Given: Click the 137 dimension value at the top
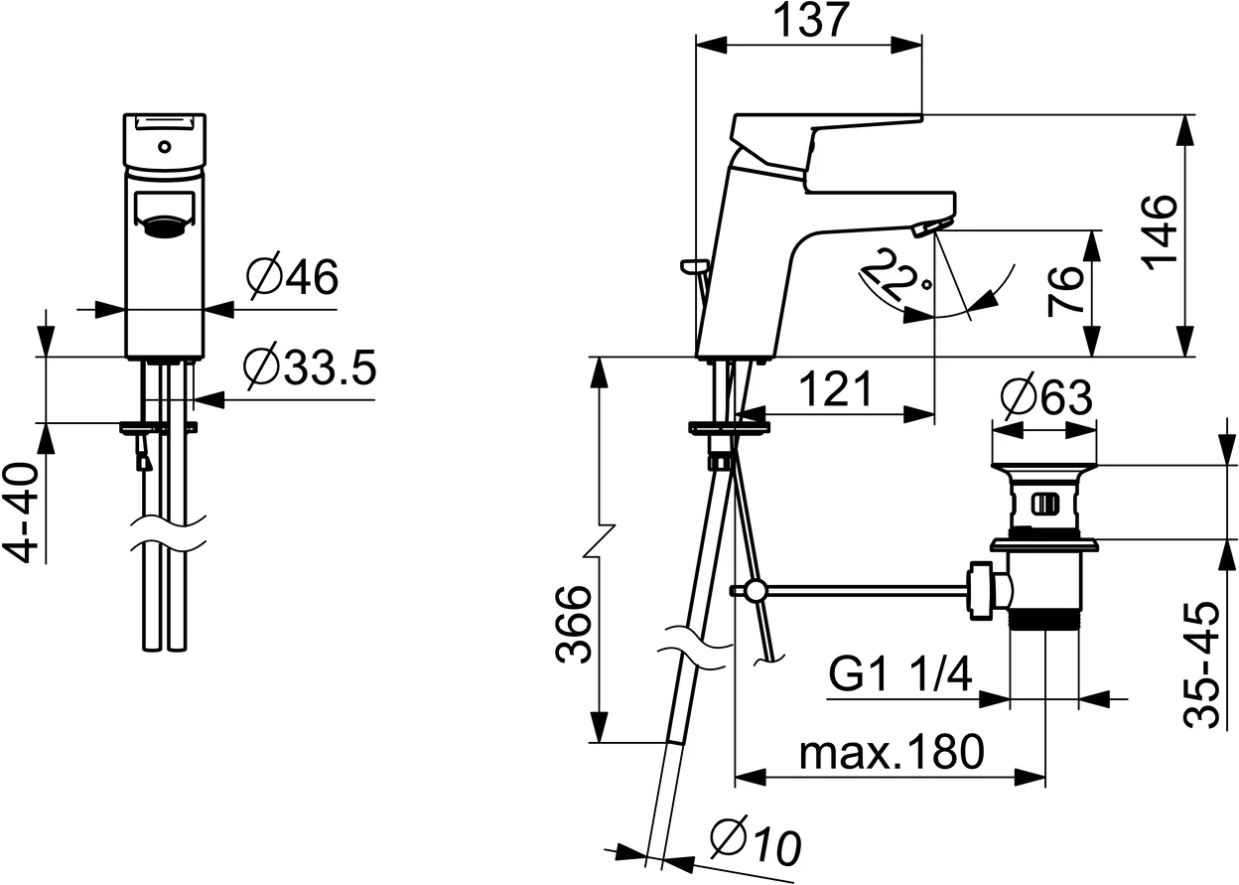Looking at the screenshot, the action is click(811, 21).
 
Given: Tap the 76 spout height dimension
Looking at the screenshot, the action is click(1065, 292).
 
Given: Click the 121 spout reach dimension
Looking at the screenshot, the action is click(836, 389).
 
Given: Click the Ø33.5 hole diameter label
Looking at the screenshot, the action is click(310, 367).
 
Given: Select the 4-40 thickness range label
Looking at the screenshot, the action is click(21, 513).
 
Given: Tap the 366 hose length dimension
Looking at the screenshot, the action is click(573, 625).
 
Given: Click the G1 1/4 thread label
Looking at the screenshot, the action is click(899, 674).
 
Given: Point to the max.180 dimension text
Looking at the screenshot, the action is click(893, 752).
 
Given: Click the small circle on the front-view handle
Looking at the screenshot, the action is click(164, 147).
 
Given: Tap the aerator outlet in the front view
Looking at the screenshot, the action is click(164, 224).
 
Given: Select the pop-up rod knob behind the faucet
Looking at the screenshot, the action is click(696, 265).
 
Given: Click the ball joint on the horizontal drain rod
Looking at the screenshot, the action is click(755, 591).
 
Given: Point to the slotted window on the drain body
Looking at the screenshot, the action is click(1044, 505).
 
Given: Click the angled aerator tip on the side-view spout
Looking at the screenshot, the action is click(929, 226).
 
